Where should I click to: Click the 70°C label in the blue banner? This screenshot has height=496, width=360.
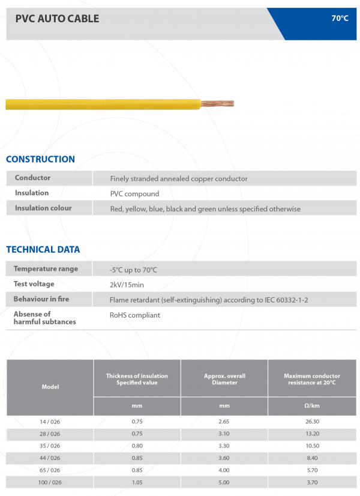[x=340, y=19]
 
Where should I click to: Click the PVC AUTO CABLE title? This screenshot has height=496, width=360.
[x=57, y=19]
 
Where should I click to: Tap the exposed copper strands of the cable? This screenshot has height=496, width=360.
[x=217, y=104]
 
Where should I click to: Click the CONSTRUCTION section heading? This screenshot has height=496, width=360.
[x=40, y=159]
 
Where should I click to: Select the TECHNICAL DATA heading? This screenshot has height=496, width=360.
[x=43, y=249]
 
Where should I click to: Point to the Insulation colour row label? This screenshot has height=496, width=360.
[x=43, y=208]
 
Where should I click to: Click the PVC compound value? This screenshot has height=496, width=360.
[x=134, y=193]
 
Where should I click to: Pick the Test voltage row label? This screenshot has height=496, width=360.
[x=34, y=283]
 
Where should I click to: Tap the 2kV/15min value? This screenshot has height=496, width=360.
[x=127, y=285]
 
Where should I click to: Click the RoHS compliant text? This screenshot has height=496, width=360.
[x=134, y=315]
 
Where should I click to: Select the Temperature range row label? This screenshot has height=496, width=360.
[x=46, y=268]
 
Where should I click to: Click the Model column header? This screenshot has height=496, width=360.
[x=50, y=387]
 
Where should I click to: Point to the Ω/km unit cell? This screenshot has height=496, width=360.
[x=311, y=406]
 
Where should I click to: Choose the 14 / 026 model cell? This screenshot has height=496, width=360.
[x=50, y=422]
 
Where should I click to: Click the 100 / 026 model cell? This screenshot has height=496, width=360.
[x=50, y=482]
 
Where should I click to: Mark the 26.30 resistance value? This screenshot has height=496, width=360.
[x=311, y=422]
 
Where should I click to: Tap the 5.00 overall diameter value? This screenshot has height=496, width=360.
[x=224, y=482]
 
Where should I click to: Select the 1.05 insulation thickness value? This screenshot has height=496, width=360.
[x=137, y=482]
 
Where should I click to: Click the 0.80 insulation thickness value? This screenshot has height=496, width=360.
[x=137, y=446]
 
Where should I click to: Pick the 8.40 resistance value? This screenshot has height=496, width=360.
[x=311, y=458]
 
